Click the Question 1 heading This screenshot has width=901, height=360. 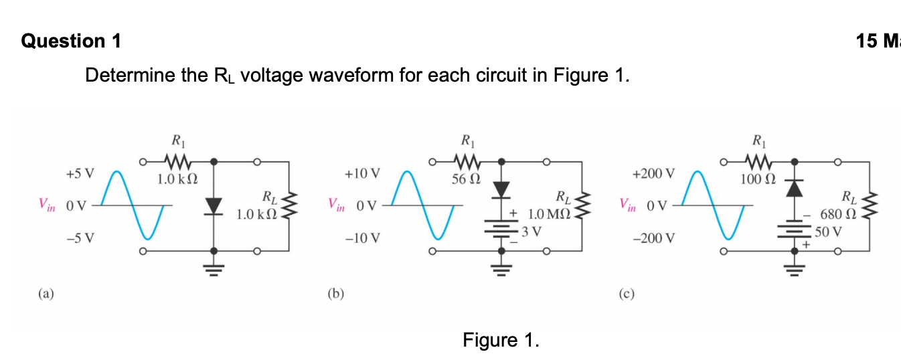coord(72,41)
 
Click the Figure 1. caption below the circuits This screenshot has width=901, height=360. coord(501,341)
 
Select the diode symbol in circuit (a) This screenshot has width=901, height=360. coord(214,206)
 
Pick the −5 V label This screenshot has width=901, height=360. coord(80,238)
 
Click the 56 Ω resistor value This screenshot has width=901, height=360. coord(465,179)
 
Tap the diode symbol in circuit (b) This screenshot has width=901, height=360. coord(501,189)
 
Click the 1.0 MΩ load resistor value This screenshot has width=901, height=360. coord(549,215)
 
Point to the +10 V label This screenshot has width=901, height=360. coord(362,173)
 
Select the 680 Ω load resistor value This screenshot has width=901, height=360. coord(837,215)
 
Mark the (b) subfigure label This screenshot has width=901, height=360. coord(335,292)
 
